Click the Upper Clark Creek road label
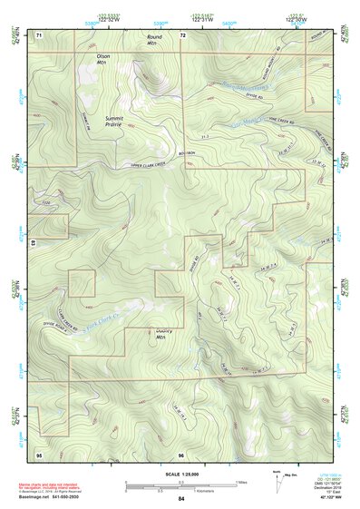[149, 164]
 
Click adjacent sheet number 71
[40, 34]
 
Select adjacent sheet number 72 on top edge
[182, 34]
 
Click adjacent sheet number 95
[39, 453]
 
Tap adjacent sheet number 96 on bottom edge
[181, 453]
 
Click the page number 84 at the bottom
[181, 498]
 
